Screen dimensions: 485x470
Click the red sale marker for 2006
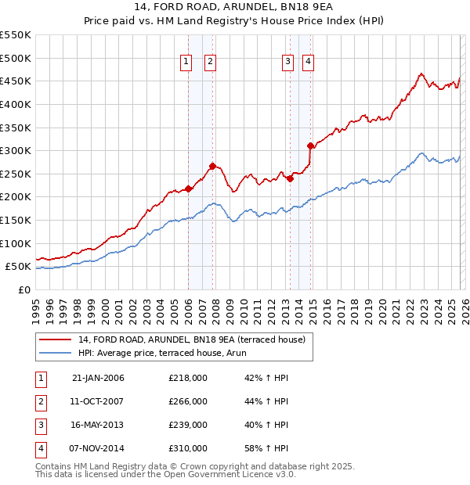(x=188, y=189)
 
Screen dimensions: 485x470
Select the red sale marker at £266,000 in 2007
(x=212, y=166)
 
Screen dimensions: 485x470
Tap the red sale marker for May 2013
(x=290, y=178)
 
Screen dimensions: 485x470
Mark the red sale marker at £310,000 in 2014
(x=310, y=145)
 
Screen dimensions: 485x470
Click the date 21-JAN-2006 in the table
(x=98, y=378)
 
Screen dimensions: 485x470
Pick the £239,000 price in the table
(x=188, y=425)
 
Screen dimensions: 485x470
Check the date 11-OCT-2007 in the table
(x=98, y=401)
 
